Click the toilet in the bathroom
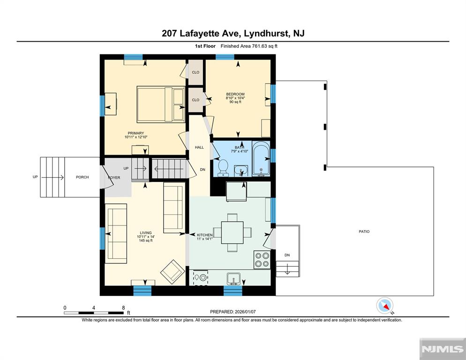pyautogui.click(x=223, y=168)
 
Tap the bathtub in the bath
pyautogui.click(x=261, y=159)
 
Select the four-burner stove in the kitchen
pyautogui.click(x=262, y=260)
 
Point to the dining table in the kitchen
pyautogui.click(x=233, y=232)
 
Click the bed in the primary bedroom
pyautogui.click(x=161, y=105)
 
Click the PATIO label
pyautogui.click(x=364, y=232)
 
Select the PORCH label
pyautogui.click(x=83, y=177)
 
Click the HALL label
pyautogui.click(x=199, y=148)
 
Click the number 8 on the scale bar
pyautogui.click(x=123, y=307)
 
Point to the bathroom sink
pyautogui.click(x=241, y=171)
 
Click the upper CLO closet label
pyautogui.click(x=195, y=72)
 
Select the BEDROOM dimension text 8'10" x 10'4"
pyautogui.click(x=235, y=98)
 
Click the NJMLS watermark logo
pyautogui.click(x=443, y=349)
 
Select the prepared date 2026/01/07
pyautogui.click(x=245, y=312)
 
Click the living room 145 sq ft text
pyautogui.click(x=146, y=240)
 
